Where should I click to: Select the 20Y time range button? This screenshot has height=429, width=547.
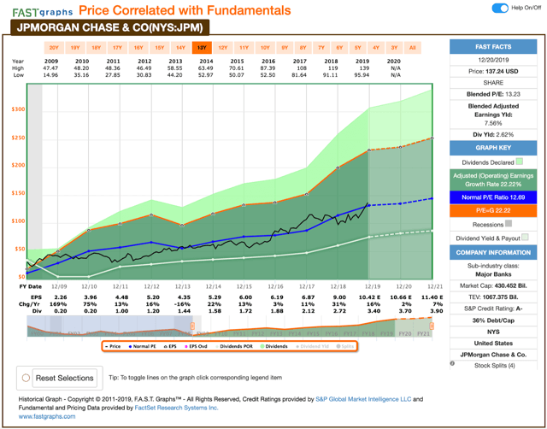coord(54,48)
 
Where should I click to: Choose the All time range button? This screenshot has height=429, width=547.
coord(413,48)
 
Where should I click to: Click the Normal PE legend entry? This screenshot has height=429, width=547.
coord(143,346)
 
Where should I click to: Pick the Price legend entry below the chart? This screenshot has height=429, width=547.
coord(112,346)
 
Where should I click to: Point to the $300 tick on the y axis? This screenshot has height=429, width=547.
coord(18,109)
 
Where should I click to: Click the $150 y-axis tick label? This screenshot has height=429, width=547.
coord(18,193)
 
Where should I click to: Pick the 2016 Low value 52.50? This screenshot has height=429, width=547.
coord(270,75)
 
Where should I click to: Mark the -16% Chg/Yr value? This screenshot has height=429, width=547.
coord(181,304)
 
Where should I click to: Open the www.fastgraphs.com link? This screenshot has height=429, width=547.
coord(41,416)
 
